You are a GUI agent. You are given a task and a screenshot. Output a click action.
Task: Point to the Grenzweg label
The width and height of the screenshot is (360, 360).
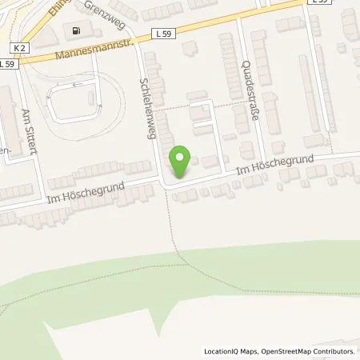click(x=107, y=18)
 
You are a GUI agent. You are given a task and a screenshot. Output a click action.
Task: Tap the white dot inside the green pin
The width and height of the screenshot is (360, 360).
click(x=182, y=158)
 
